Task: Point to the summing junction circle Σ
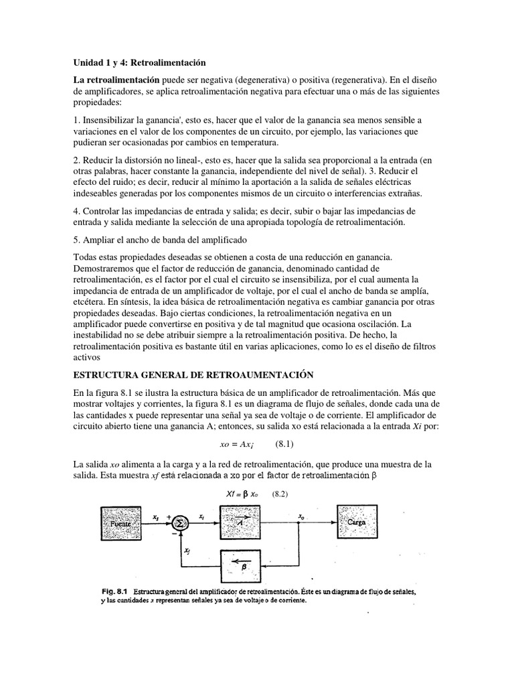point(180,523)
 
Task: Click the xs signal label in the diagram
point(155,516)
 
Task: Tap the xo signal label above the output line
point(303,515)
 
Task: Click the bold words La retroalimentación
point(116,80)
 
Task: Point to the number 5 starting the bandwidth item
point(76,239)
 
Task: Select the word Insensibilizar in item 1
point(110,120)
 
